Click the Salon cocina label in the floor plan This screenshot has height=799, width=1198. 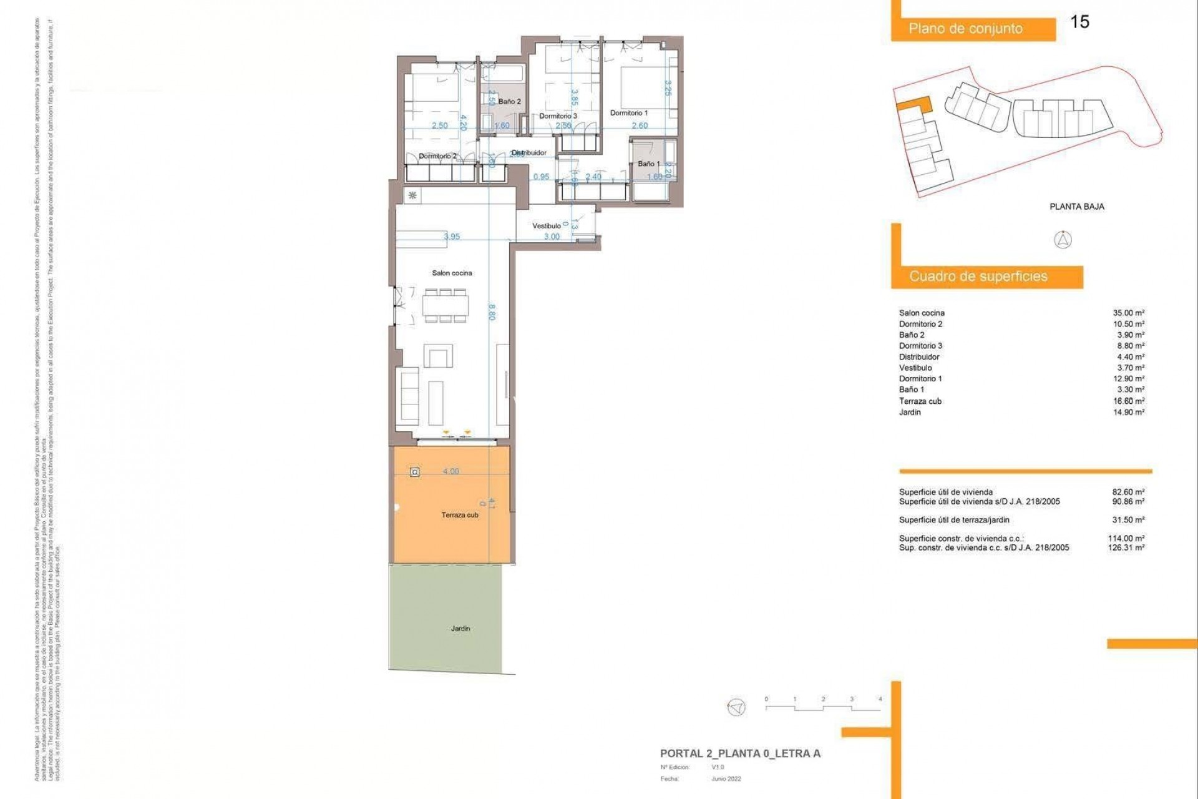coord(452,273)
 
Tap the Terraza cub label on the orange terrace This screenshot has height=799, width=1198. coord(460,515)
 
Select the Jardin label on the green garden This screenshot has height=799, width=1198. coord(460,629)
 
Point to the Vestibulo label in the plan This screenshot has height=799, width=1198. coord(546,226)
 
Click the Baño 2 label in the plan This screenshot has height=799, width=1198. coord(509,101)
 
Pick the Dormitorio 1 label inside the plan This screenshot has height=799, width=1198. coord(628,113)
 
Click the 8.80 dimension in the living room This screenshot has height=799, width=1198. coord(492,312)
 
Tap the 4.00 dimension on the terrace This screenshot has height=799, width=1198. coord(450,471)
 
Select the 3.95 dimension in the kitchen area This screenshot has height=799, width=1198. coord(452,237)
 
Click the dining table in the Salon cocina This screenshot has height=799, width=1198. coord(446,306)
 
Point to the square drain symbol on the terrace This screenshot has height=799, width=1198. coord(415,473)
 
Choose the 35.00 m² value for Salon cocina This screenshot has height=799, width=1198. coord(1128,313)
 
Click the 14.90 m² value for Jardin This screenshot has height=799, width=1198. coord(1128,412)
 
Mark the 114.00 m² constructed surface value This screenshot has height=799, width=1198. coord(1126,538)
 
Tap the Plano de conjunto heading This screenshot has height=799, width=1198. coord(965,29)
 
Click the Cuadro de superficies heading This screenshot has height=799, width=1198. coord(978,277)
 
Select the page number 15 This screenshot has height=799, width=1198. coord(1079,22)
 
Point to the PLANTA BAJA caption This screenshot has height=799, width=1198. coord(1076,207)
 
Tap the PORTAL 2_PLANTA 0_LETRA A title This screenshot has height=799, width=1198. coord(740,753)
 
